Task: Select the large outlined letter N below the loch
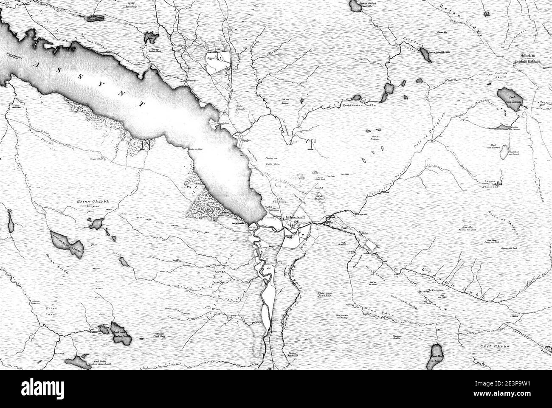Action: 146,144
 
